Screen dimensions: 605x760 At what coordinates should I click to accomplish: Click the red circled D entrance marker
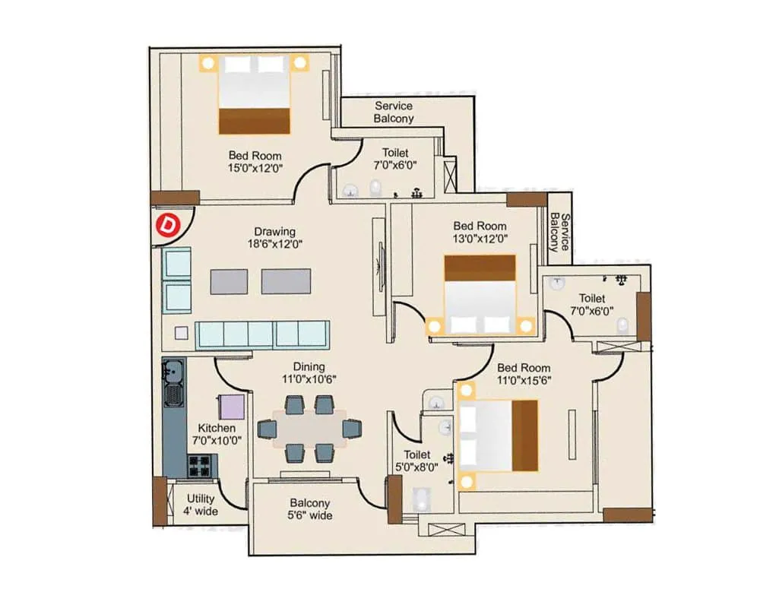[166, 225]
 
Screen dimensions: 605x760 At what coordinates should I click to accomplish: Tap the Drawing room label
[274, 232]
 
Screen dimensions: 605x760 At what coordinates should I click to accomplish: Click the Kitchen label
[217, 428]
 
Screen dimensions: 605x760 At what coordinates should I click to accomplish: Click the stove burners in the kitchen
[202, 464]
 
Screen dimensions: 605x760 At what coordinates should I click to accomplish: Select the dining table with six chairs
[310, 429]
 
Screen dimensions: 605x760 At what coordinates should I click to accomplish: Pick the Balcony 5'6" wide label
[309, 509]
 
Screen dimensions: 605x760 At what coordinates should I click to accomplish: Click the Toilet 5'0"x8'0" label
[417, 461]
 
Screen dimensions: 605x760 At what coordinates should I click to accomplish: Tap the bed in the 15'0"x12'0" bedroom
[255, 93]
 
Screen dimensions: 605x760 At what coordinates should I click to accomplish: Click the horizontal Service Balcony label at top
[394, 112]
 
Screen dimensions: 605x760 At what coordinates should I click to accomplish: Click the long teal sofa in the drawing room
[261, 334]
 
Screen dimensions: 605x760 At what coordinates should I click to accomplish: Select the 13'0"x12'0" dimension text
[480, 239]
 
